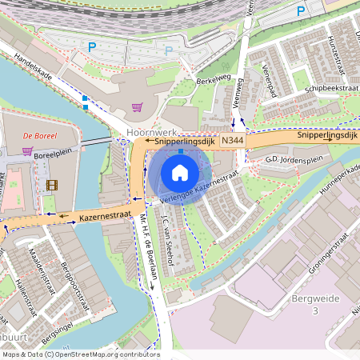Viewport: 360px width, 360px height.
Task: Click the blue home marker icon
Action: click(180, 173)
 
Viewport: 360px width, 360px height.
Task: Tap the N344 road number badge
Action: click(232, 141)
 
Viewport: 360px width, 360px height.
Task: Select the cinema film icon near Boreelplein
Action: click(52, 185)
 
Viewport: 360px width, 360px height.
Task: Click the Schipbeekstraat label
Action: click(330, 87)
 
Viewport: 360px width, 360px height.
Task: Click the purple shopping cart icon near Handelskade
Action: click(136, 106)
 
